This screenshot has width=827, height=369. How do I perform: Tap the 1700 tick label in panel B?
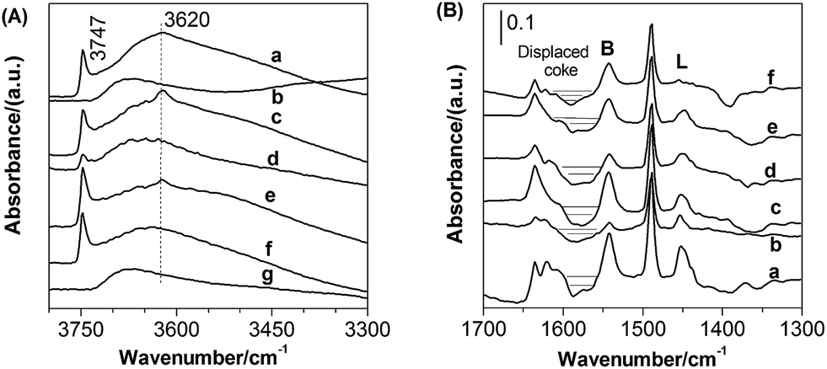[484, 322]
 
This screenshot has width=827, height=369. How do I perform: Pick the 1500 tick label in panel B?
[643, 322]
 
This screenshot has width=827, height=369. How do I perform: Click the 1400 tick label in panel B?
[722, 322]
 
